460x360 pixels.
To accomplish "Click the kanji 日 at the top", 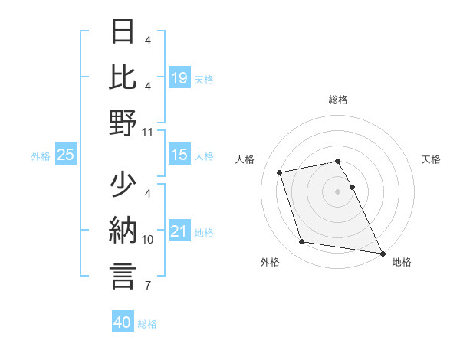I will tap(123, 31).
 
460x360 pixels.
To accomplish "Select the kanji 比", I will tap(123, 77).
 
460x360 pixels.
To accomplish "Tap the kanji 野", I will tap(123, 123).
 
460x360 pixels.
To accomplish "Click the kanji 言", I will tap(123, 276).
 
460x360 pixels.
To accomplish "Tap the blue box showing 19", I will tap(179, 77).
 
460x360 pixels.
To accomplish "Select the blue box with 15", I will tap(179, 155).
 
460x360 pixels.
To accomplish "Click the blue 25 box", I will tap(66, 155).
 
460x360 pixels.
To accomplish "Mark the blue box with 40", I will tap(123, 322).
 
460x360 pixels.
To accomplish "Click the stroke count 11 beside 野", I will tap(148, 133).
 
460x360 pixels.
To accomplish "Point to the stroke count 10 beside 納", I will tap(148, 240).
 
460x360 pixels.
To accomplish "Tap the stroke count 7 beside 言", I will tap(148, 286).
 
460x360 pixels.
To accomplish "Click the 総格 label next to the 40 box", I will tap(147, 324).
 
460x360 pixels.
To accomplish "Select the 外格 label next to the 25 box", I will tap(41, 156).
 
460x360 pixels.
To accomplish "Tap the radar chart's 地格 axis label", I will tap(402, 262).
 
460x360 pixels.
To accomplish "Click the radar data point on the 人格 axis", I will tap(280, 172).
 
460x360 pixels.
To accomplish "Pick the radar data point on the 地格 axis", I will tap(382, 253).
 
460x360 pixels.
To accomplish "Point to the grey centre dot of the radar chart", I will tap(338, 191).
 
